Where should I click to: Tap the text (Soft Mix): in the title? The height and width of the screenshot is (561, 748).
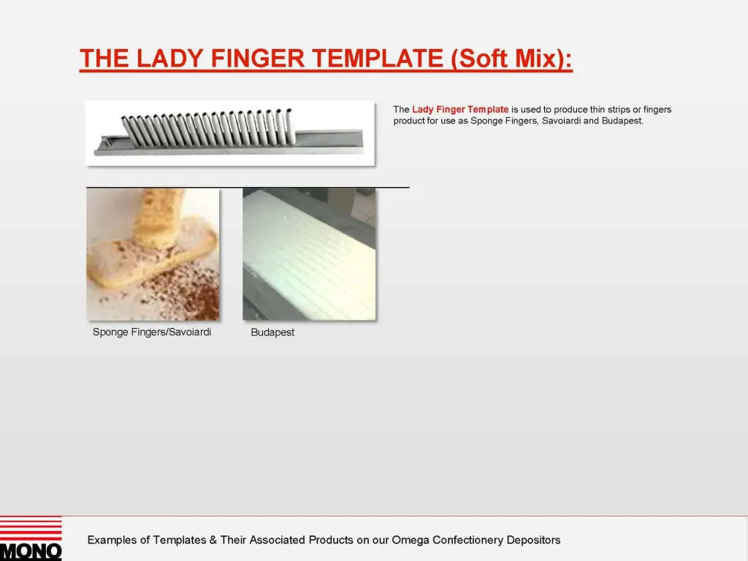pyautogui.click(x=512, y=58)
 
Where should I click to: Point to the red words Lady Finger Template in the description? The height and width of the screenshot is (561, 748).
pyautogui.click(x=460, y=110)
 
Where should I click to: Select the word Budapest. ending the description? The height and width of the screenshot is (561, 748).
pyautogui.click(x=622, y=121)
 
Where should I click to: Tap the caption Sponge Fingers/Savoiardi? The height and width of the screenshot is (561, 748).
pyautogui.click(x=152, y=332)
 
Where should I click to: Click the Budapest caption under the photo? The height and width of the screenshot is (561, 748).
pyautogui.click(x=272, y=332)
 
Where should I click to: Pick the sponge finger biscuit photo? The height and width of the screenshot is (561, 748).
pyautogui.click(x=153, y=253)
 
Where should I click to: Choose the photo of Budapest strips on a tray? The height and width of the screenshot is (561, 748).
pyautogui.click(x=309, y=253)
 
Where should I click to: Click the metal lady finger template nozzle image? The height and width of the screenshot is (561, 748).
pyautogui.click(x=230, y=133)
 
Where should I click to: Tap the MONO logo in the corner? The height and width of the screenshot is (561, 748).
pyautogui.click(x=31, y=539)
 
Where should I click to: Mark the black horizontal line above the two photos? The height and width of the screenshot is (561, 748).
pyautogui.click(x=248, y=188)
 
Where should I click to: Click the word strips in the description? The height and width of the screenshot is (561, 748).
pyautogui.click(x=615, y=110)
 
